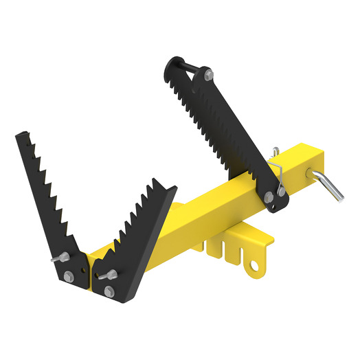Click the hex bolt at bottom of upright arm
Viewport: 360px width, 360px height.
[267, 198]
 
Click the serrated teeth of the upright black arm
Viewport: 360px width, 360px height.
[213, 120]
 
